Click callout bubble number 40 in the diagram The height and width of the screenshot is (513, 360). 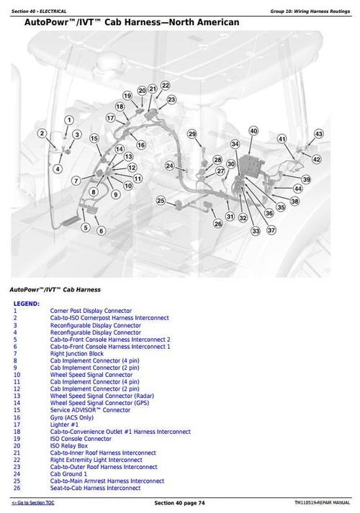tap(253, 130)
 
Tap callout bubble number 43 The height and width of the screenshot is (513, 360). tap(319, 134)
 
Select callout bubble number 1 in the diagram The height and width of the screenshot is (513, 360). tap(68, 119)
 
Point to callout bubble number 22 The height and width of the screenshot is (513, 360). tap(165, 85)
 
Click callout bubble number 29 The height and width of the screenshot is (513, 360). tap(192, 134)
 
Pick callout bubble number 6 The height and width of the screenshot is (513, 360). tap(102, 230)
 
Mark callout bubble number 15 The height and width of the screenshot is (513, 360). tap(94, 137)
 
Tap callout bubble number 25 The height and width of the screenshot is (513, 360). tap(161, 200)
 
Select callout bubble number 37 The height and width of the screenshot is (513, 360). tap(271, 230)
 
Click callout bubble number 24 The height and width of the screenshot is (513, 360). tap(169, 165)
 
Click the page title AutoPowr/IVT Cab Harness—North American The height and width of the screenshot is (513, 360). tap(132, 23)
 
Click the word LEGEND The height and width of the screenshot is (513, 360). tap(26, 304)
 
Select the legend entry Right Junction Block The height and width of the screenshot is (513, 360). tap(77, 353)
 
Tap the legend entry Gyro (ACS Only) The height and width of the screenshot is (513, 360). tap(72, 417)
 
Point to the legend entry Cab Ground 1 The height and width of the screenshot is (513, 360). tap(68, 473)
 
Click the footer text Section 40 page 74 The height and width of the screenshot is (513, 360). tap(180, 501)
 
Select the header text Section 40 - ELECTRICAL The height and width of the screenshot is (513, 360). tap(40, 12)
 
